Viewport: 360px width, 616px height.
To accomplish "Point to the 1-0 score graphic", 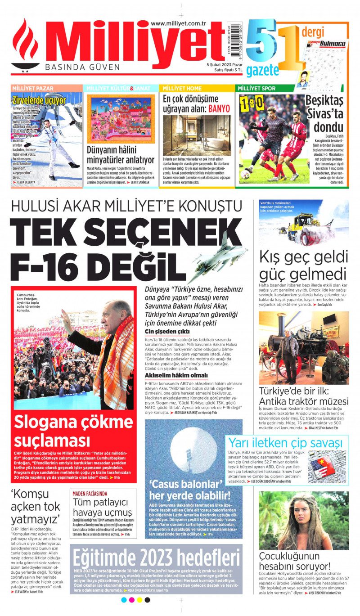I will click(252, 104).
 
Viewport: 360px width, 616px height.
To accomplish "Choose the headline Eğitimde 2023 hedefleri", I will click(156, 558).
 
